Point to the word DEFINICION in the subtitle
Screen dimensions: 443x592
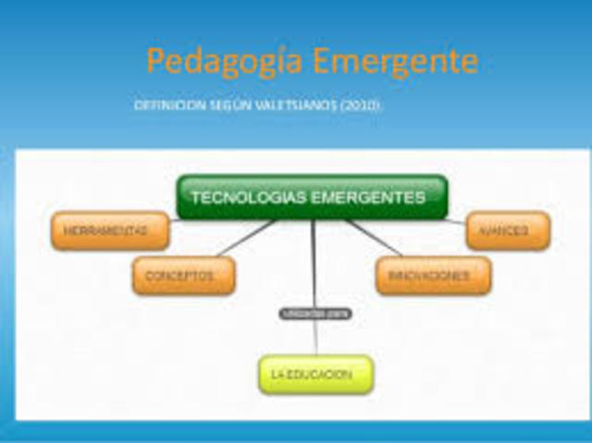click(x=168, y=106)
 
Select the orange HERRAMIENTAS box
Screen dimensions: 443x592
click(x=110, y=230)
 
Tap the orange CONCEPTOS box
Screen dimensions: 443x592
click(x=183, y=276)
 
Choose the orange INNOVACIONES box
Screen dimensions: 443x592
click(x=433, y=276)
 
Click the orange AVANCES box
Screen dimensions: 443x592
click(x=508, y=230)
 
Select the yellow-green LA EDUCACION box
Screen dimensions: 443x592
click(x=315, y=375)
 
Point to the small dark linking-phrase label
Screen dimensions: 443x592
click(x=315, y=314)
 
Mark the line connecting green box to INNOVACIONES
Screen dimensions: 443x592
click(x=374, y=238)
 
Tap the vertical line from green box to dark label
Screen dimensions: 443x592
click(x=314, y=264)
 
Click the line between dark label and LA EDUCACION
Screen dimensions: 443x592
click(x=315, y=338)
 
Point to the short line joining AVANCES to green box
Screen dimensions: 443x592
click(x=456, y=221)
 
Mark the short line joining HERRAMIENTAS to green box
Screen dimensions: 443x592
click(x=174, y=220)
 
